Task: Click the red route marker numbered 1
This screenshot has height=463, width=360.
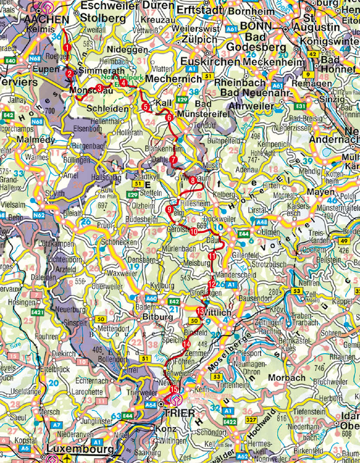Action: coord(67,47)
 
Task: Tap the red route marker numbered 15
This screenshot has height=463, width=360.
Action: coord(174,389)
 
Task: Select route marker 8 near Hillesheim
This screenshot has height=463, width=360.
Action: coord(193,180)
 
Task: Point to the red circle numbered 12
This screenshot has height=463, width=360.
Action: coord(212,284)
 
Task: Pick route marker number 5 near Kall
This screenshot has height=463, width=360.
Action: coord(146,107)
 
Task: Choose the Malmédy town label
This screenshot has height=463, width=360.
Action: coord(36,140)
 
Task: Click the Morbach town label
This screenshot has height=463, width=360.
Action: coord(286,378)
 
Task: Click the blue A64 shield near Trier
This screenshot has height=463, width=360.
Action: coord(150,405)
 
